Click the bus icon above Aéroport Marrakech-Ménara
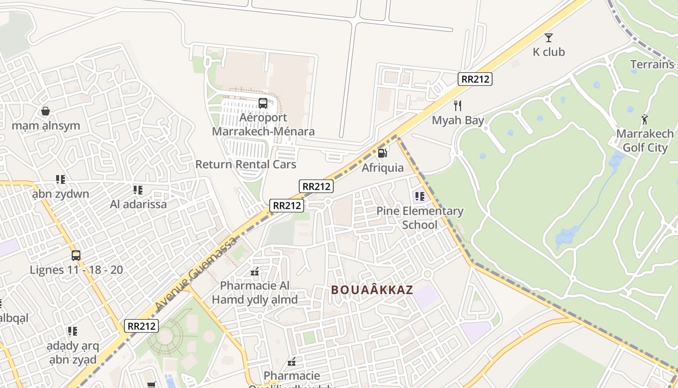262,103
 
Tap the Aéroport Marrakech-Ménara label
263,125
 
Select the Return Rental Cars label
246,164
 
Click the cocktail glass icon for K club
549,37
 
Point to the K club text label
549,52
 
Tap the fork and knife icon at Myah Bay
458,105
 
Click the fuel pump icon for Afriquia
382,153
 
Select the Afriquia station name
383,168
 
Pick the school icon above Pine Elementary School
419,196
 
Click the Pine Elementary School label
420,218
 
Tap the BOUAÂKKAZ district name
372,290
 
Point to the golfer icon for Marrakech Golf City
645,119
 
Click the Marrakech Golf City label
645,141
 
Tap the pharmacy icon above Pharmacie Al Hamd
255,272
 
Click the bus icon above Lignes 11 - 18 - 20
76,256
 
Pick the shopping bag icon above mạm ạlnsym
46,112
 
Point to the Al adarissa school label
138,204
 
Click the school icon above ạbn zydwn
61,180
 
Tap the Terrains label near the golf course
652,65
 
